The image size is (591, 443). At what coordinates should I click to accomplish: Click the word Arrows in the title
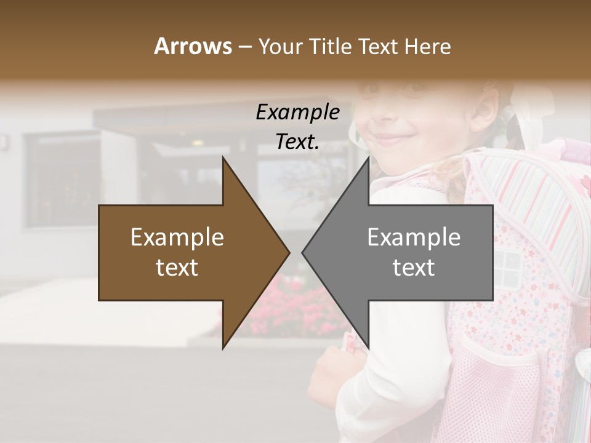(x=193, y=46)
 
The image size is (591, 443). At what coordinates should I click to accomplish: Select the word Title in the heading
(x=334, y=46)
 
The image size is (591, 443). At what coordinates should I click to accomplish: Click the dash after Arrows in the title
(x=244, y=47)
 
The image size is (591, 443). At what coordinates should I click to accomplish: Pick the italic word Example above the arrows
(x=297, y=112)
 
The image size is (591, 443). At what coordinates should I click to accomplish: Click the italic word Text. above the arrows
(x=297, y=142)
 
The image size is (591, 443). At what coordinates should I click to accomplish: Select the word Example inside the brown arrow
(x=177, y=237)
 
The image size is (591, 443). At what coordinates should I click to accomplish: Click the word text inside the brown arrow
(x=177, y=268)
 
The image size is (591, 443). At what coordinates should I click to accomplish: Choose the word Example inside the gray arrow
(x=414, y=237)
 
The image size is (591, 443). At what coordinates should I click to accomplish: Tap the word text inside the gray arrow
(x=414, y=268)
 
